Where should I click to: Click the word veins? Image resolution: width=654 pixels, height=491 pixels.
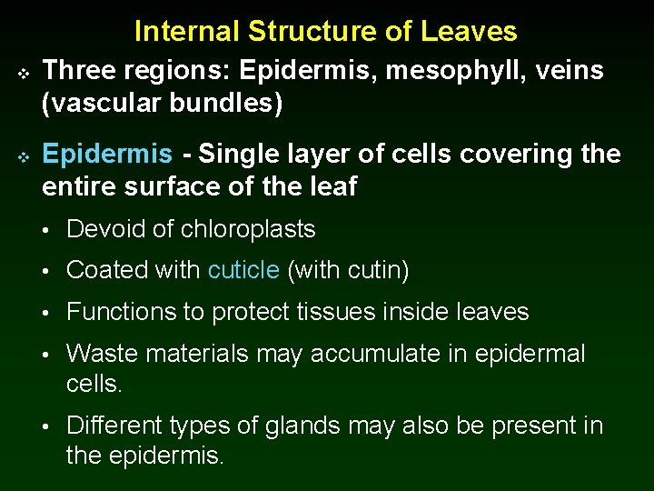point(568,71)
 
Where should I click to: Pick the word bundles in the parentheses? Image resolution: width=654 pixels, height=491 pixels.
point(224,104)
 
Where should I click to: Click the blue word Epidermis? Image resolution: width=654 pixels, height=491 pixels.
point(107,155)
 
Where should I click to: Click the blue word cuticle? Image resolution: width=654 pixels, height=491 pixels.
point(243,270)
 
